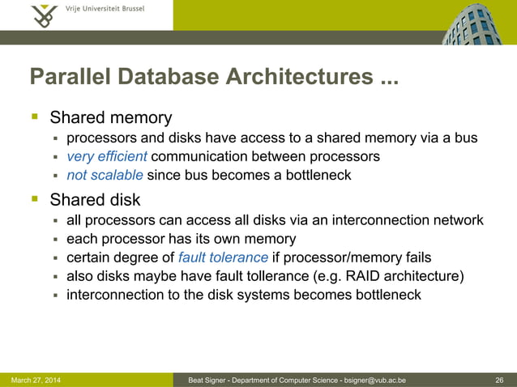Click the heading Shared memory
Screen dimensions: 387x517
(111, 118)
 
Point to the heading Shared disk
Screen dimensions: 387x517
(95, 199)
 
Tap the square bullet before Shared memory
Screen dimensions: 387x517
(35, 118)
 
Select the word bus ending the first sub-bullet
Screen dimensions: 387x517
(466, 138)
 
